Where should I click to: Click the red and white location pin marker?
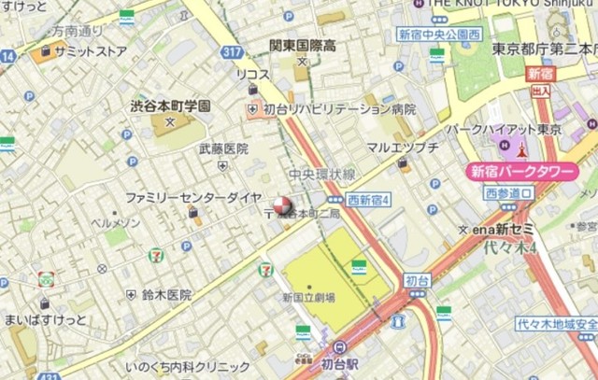[280, 204]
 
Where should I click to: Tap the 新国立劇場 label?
[309, 298]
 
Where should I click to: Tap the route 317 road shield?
[233, 52]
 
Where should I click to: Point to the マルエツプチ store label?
[402, 148]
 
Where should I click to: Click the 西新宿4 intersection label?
[368, 200]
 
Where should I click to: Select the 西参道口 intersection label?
[509, 193]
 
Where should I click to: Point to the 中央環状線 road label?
[322, 174]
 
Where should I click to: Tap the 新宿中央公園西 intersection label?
[438, 35]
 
